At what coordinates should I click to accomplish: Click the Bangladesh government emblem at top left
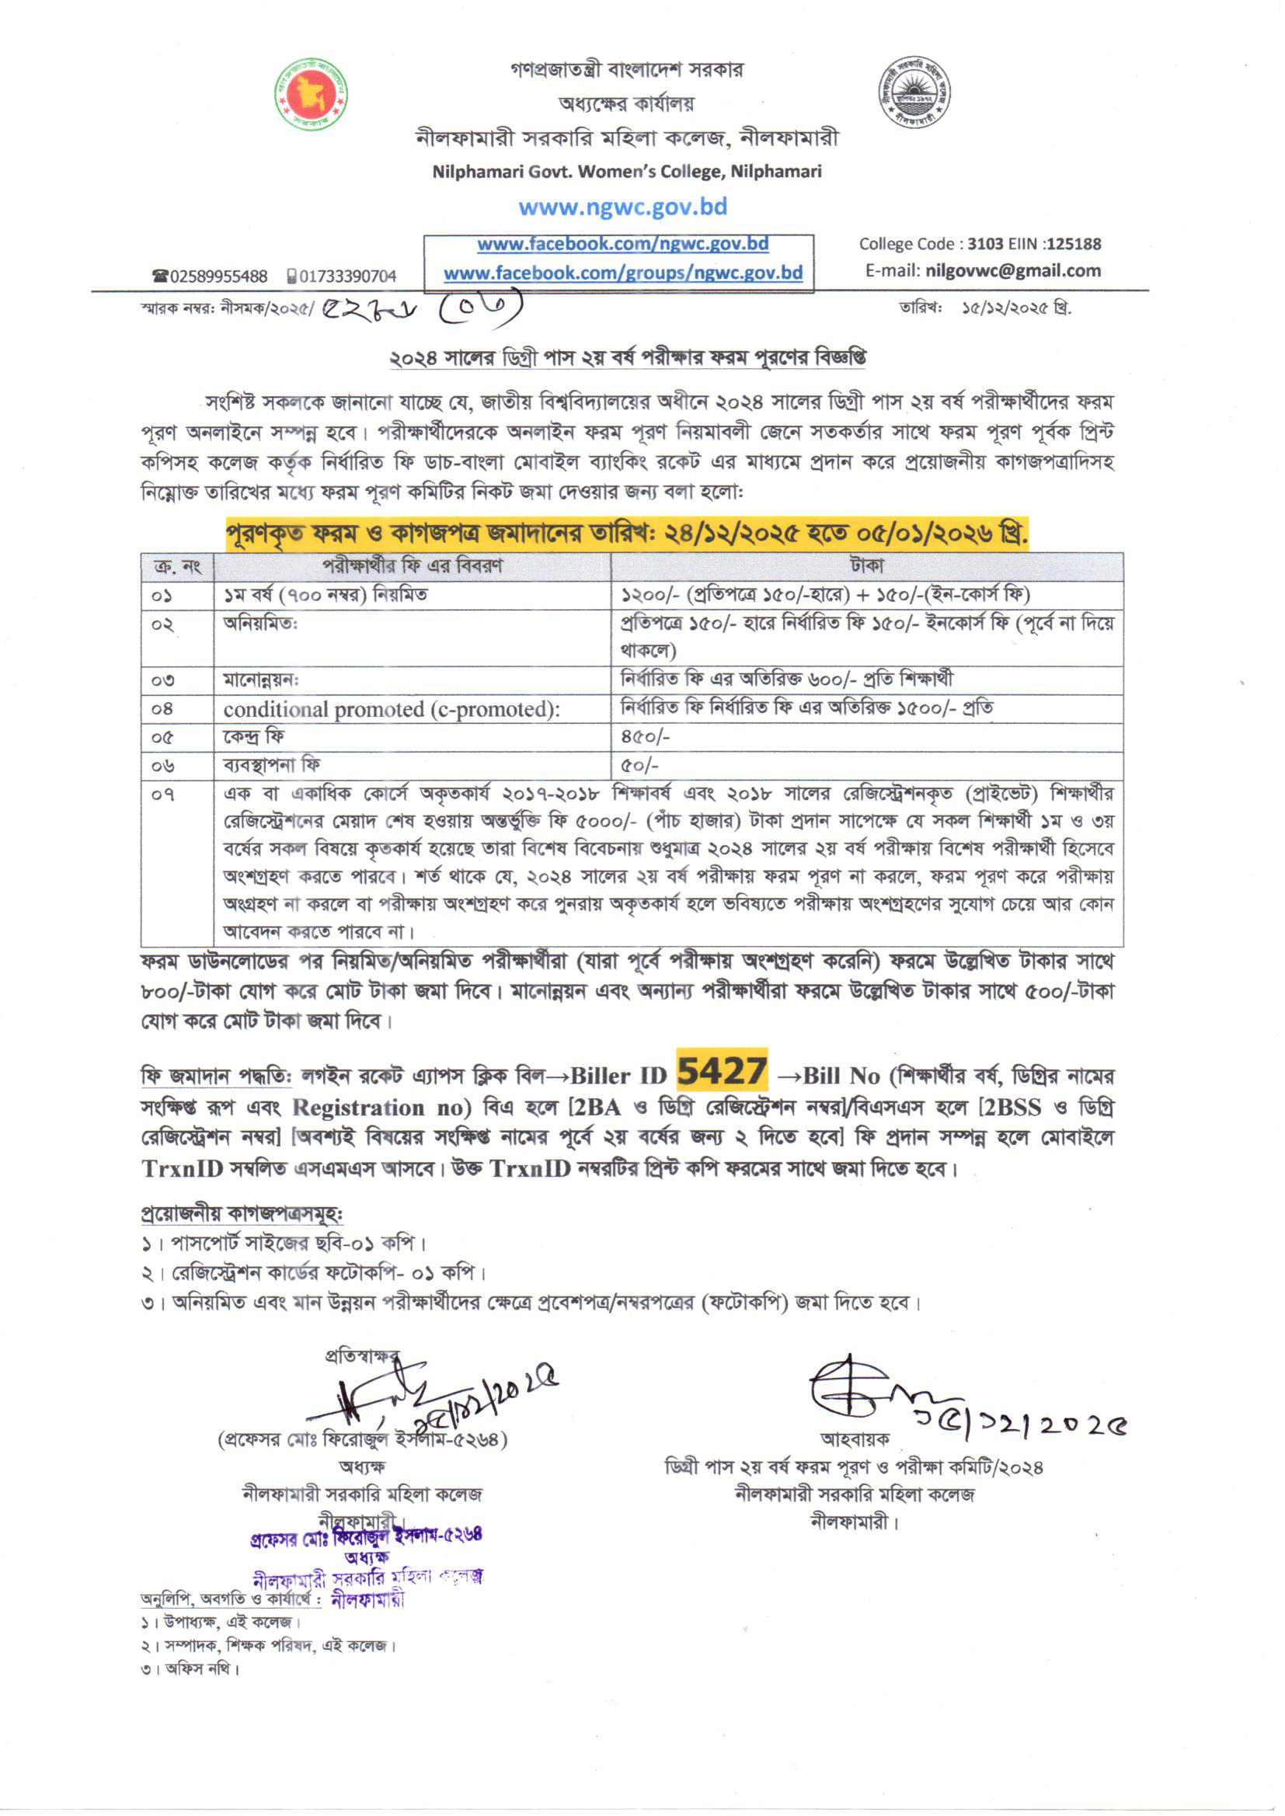(312, 94)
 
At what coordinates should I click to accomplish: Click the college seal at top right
(914, 93)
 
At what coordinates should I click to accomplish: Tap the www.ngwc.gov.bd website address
(623, 207)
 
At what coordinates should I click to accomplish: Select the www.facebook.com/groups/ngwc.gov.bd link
(623, 273)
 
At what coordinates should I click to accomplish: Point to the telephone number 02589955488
(218, 276)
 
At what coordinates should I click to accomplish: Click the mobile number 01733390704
(347, 276)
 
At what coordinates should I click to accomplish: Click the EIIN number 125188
(1072, 244)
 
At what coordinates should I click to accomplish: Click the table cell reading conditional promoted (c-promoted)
(391, 708)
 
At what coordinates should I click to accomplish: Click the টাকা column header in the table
(866, 566)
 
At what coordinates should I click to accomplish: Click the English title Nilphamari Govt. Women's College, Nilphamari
(627, 172)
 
